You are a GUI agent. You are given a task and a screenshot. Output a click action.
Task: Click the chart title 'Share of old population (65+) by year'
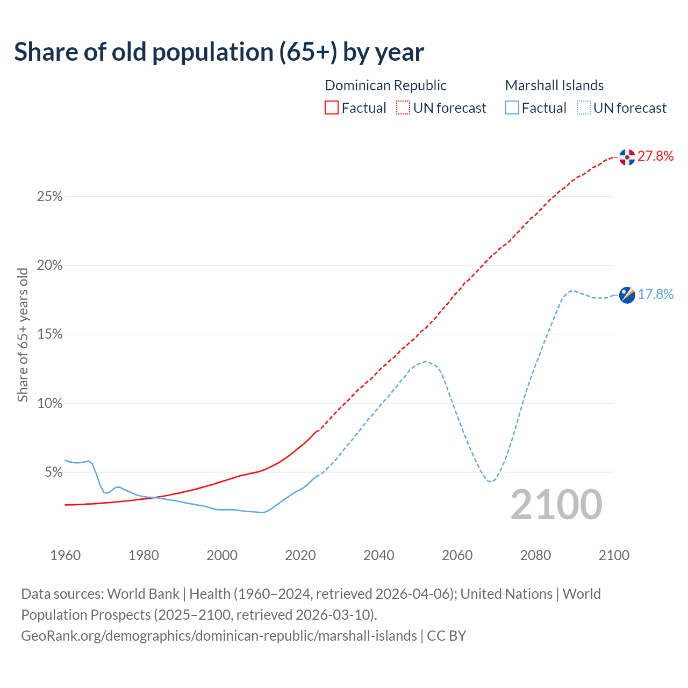(x=219, y=52)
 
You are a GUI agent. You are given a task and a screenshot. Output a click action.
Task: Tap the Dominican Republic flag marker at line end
(x=627, y=157)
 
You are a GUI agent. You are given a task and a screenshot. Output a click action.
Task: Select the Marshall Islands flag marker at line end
(x=627, y=295)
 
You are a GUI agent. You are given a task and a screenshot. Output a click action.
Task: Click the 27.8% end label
(x=655, y=156)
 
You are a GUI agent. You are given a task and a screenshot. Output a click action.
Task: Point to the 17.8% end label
(x=655, y=294)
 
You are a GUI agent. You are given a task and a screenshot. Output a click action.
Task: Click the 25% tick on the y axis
(x=49, y=197)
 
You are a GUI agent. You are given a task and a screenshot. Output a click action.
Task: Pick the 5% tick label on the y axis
(x=53, y=472)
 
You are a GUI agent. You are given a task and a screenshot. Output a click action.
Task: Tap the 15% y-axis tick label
(x=49, y=334)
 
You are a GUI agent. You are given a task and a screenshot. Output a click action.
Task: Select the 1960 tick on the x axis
(x=65, y=555)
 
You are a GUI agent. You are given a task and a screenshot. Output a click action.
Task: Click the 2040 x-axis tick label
(x=379, y=555)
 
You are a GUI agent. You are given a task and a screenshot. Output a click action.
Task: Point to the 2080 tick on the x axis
(x=535, y=555)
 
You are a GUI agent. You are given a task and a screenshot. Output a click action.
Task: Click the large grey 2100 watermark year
(x=556, y=505)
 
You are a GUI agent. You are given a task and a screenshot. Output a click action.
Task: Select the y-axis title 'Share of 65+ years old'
(x=23, y=335)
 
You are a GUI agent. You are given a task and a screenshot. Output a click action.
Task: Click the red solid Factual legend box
(x=332, y=108)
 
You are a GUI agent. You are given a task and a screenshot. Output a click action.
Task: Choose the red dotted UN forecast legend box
(x=403, y=108)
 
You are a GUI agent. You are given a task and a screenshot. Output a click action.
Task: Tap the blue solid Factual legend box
(x=512, y=108)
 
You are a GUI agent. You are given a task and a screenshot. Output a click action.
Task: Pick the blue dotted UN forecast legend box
(x=583, y=108)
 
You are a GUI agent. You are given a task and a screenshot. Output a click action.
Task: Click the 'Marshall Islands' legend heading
(x=554, y=85)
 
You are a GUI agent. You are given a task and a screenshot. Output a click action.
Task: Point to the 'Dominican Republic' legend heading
(x=385, y=85)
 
